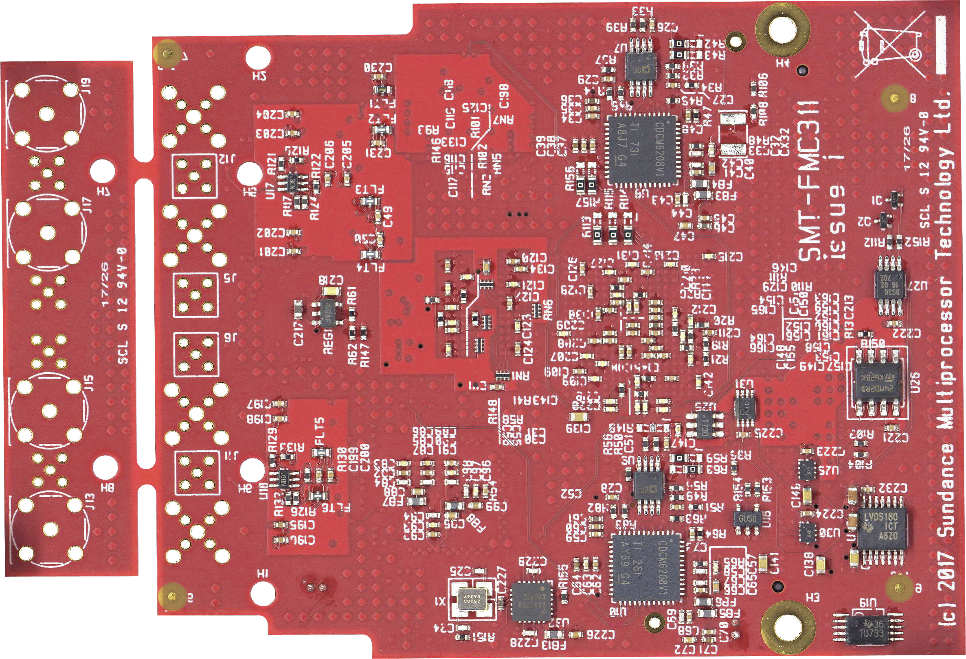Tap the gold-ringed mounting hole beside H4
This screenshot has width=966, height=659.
782,28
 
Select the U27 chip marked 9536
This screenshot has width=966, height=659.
890,285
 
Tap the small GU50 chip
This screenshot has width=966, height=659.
747,519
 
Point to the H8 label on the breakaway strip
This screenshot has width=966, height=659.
107,487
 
